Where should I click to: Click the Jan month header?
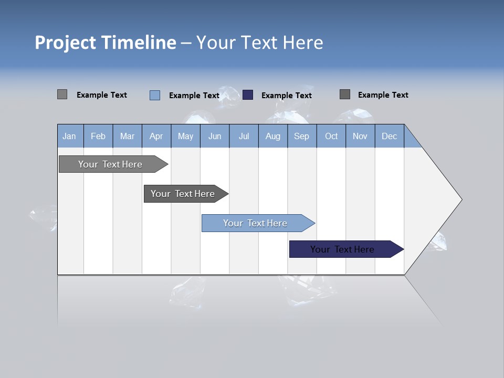(x=70, y=136)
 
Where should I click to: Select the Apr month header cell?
(x=156, y=136)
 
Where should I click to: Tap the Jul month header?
(x=244, y=136)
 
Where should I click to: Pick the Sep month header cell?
(x=302, y=136)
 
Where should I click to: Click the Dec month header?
(x=389, y=136)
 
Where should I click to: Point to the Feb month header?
(x=98, y=136)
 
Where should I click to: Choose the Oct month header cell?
(x=331, y=136)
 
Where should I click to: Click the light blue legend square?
(x=154, y=95)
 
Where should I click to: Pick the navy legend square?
(x=248, y=94)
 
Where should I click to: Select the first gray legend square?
(x=62, y=94)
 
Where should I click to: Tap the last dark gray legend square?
(x=344, y=94)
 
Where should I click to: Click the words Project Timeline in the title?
(x=105, y=42)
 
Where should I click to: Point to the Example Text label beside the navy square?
(x=286, y=96)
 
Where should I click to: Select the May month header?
(x=185, y=136)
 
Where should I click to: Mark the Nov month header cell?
(x=360, y=136)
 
